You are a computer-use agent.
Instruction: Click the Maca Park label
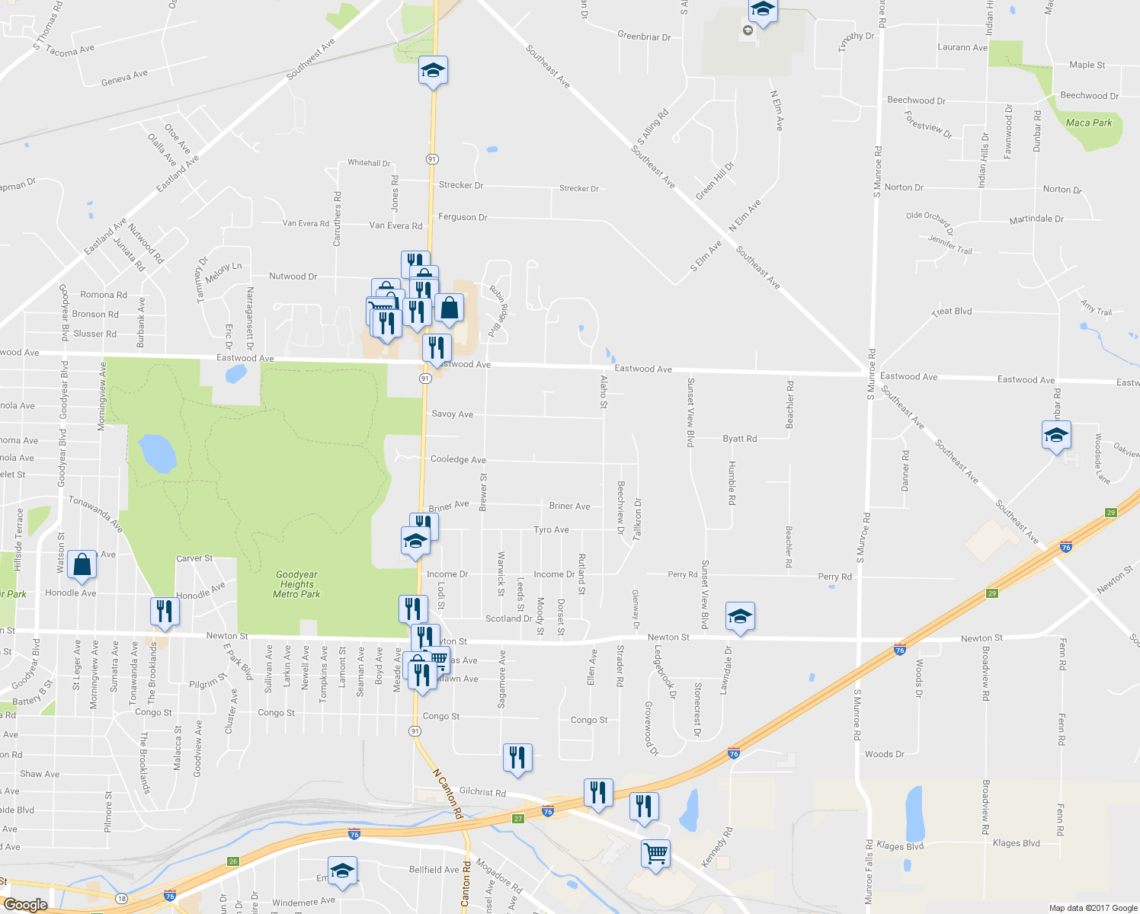[1088, 123]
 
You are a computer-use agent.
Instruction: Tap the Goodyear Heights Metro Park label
[296, 584]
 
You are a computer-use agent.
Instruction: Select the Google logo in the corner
[25, 905]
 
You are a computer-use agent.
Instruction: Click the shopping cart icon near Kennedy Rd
[655, 852]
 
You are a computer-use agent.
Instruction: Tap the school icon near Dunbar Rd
[1056, 436]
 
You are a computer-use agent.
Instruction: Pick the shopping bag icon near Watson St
[82, 565]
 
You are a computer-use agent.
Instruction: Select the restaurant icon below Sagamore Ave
[517, 758]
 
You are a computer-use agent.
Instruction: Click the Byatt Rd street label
[739, 439]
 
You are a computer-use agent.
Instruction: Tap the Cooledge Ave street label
[457, 459]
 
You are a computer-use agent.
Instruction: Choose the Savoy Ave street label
[452, 414]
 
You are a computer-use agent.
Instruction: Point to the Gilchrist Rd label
[482, 792]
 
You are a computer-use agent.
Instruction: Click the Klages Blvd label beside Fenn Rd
[1016, 843]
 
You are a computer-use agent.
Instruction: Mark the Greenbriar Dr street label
[644, 36]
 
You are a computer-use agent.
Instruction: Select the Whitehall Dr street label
[369, 163]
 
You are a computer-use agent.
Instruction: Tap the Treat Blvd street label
[952, 312]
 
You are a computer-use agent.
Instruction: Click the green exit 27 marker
[518, 819]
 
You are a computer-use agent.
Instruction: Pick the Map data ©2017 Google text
[1093, 908]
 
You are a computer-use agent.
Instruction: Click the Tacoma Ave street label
[70, 50]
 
